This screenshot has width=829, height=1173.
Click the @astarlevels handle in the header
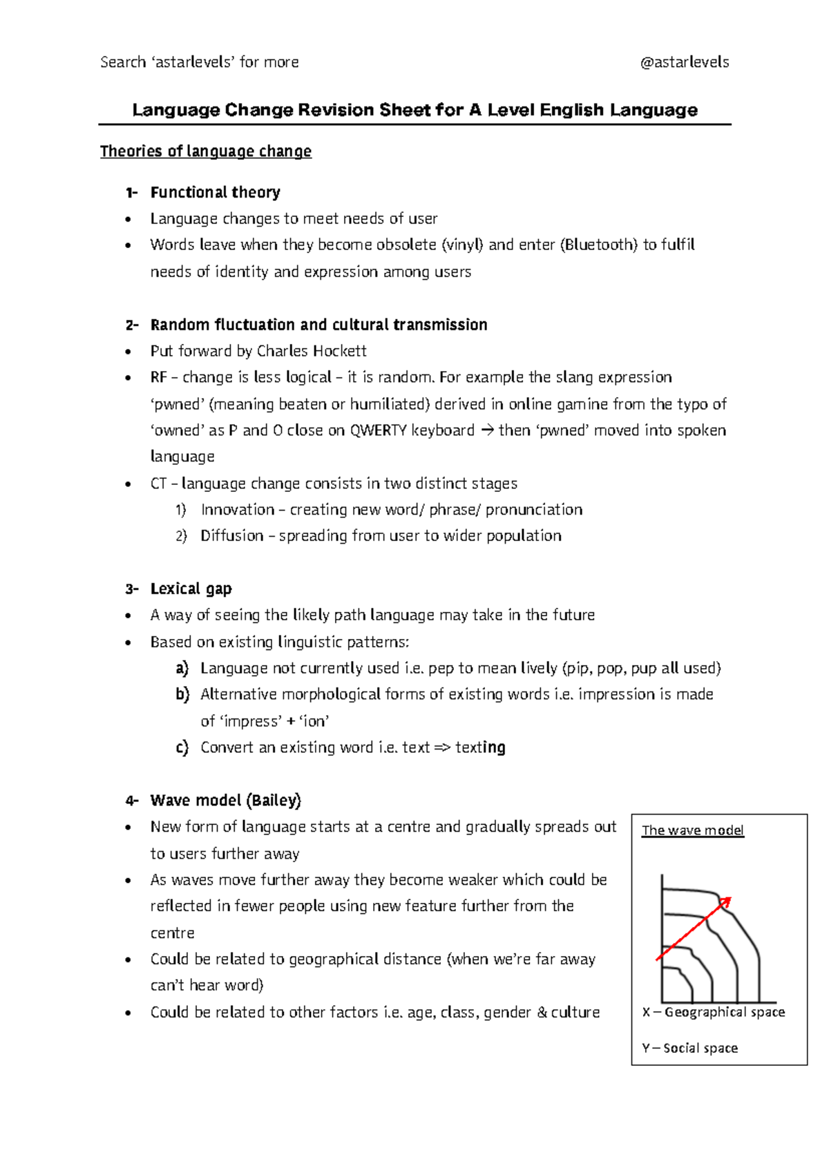click(684, 62)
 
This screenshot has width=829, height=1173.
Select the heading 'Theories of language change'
click(206, 151)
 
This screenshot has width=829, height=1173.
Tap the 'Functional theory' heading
click(215, 192)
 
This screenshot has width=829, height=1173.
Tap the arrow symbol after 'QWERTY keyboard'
click(487, 430)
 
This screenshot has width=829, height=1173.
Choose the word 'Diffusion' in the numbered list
click(232, 536)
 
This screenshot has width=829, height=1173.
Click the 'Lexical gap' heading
click(191, 589)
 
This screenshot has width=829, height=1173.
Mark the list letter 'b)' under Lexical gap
click(182, 694)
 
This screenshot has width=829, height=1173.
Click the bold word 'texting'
click(480, 747)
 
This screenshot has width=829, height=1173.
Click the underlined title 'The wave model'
click(692, 830)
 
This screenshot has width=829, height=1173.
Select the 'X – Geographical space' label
click(713, 1012)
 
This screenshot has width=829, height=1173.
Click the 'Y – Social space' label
click(689, 1048)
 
